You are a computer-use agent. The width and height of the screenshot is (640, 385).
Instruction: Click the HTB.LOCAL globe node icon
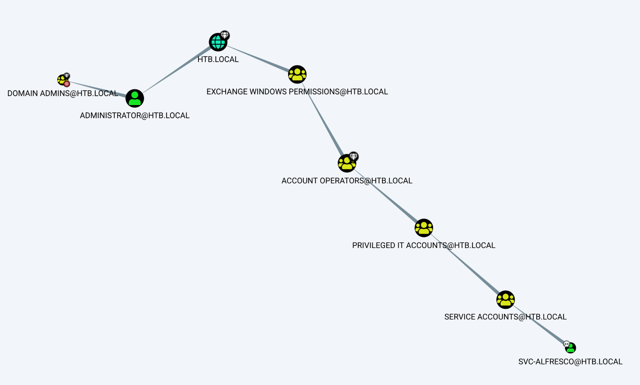(218, 42)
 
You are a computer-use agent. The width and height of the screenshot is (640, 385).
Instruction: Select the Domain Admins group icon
(62, 80)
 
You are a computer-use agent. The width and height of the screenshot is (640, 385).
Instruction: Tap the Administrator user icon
(135, 98)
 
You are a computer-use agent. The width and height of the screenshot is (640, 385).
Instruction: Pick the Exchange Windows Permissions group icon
(297, 74)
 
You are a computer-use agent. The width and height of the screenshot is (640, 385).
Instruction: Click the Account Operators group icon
(347, 163)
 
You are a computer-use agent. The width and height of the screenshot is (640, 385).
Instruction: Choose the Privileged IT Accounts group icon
(424, 228)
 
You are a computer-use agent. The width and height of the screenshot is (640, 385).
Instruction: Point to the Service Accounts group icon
(505, 300)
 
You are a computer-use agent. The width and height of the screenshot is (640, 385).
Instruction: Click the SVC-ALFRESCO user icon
(570, 348)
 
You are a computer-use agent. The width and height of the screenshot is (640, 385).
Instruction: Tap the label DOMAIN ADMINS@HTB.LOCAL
(62, 94)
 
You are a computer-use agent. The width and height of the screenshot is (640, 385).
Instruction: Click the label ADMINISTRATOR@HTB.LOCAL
(135, 116)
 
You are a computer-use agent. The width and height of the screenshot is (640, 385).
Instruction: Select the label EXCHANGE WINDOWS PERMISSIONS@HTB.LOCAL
(297, 92)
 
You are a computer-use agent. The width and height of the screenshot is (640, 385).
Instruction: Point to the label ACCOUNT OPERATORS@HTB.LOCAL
(347, 181)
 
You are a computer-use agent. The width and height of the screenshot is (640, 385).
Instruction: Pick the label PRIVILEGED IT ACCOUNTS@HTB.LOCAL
(424, 245)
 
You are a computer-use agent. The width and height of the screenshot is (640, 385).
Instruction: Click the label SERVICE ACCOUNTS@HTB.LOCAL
(505, 317)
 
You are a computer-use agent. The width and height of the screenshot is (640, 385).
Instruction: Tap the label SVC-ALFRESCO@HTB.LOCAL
(570, 362)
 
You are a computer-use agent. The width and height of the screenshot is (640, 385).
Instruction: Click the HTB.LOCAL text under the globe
(218, 60)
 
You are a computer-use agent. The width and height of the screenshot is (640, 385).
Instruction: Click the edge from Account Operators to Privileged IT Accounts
(385, 196)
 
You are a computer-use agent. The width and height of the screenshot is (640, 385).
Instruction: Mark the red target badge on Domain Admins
(67, 84)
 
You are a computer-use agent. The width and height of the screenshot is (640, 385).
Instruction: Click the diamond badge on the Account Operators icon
(354, 157)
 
